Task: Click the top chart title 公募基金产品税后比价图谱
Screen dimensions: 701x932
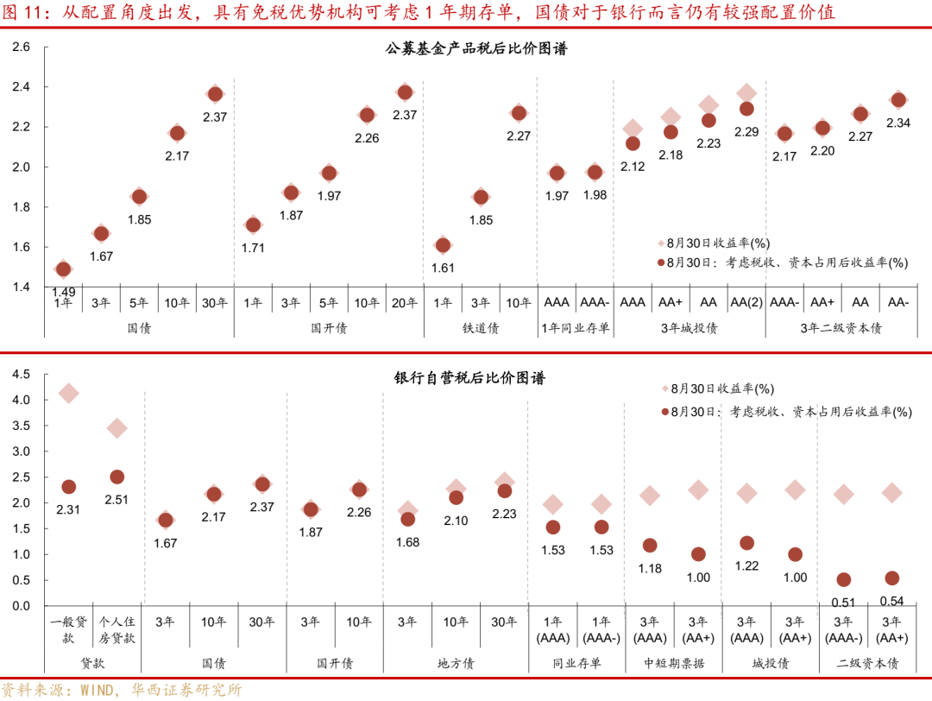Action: [x=476, y=49]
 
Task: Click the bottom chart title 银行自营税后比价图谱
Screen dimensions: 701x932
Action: [x=470, y=378]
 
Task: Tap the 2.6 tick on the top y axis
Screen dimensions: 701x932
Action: [x=22, y=47]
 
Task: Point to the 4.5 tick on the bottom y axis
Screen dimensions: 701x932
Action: [x=22, y=374]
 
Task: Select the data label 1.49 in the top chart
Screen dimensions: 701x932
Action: [x=63, y=292]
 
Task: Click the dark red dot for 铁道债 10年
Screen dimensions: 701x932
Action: [x=519, y=113]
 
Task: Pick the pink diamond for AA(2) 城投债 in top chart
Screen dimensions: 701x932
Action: [x=746, y=92]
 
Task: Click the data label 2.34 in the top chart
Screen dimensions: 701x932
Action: [x=898, y=123]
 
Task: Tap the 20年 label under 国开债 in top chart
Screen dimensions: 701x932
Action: [x=405, y=303]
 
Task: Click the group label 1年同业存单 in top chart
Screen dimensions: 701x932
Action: [x=576, y=328]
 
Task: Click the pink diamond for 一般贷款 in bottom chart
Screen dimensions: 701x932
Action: [x=69, y=394]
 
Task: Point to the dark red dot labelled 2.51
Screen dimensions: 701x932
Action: [x=117, y=477]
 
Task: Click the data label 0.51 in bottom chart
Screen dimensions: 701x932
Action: [x=844, y=602]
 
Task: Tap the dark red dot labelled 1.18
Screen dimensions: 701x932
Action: [x=650, y=546]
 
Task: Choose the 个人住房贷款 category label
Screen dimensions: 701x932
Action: [x=117, y=629]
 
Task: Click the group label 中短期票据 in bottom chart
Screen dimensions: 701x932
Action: [x=674, y=663]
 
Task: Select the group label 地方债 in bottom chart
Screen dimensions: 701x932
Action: [x=456, y=663]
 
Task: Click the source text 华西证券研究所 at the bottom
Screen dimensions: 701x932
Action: [x=186, y=691]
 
